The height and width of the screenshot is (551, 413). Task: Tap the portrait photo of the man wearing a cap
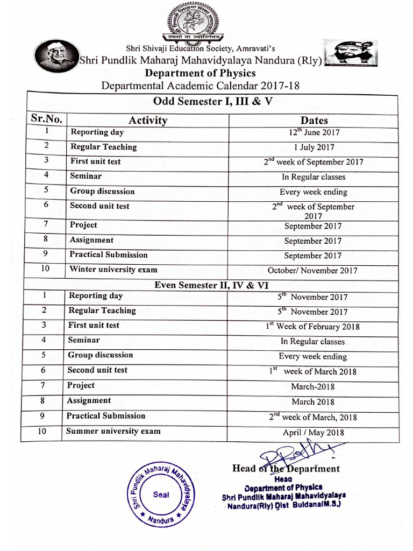click(x=56, y=56)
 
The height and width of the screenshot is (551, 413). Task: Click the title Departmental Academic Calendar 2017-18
click(x=200, y=86)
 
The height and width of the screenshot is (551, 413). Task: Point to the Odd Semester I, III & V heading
click(x=213, y=101)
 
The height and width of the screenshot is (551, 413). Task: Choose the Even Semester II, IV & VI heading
click(x=211, y=285)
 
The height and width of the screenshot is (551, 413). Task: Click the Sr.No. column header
click(x=47, y=119)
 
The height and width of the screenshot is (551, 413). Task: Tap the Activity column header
click(x=147, y=120)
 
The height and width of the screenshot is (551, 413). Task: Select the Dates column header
click(x=314, y=121)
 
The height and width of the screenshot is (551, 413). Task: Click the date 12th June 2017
click(x=314, y=132)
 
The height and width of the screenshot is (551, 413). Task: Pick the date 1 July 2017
click(x=314, y=147)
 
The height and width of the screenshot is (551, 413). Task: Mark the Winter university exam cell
click(x=113, y=270)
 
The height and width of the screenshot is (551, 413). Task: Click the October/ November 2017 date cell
click(x=312, y=271)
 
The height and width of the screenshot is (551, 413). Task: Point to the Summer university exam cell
click(x=113, y=431)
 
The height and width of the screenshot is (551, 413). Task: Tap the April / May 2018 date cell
click(x=313, y=433)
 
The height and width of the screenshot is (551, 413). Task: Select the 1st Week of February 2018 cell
click(x=312, y=326)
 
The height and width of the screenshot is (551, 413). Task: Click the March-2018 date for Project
click(x=312, y=386)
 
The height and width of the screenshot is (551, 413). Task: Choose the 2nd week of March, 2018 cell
click(x=312, y=417)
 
